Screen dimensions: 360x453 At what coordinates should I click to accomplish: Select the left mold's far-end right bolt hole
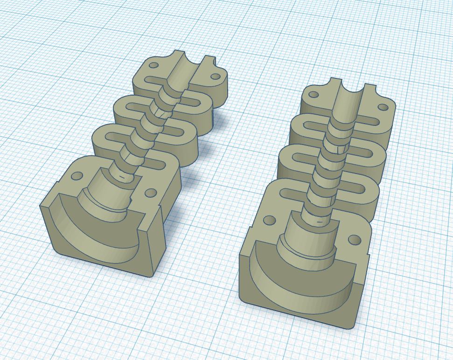(215, 76)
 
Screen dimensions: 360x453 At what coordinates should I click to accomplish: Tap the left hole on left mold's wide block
(77, 177)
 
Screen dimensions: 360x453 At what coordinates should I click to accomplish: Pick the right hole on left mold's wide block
(150, 193)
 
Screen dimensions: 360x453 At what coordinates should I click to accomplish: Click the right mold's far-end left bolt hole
(314, 95)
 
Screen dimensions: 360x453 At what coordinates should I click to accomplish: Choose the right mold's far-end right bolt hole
(383, 107)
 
